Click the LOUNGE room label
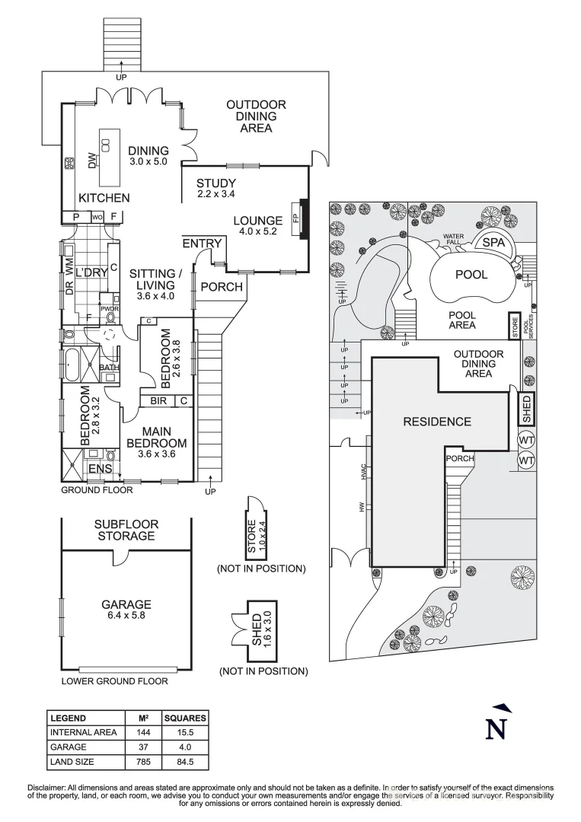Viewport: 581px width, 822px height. pos(257,221)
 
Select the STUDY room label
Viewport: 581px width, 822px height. pos(216,183)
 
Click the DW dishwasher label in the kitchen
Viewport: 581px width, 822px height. pos(92,161)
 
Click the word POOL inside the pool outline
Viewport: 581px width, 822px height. pos(471,274)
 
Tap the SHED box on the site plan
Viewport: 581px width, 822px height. pos(525,408)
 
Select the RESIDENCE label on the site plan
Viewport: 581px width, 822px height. pos(436,421)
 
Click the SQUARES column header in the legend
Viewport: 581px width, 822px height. pos(185,718)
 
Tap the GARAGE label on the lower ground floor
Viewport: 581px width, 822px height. pos(126,604)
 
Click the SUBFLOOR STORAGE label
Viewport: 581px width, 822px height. pos(125,530)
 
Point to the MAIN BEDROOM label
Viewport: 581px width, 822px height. pos(156,442)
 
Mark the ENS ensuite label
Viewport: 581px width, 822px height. pos(100,469)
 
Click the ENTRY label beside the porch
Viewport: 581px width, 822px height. pos(202,244)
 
